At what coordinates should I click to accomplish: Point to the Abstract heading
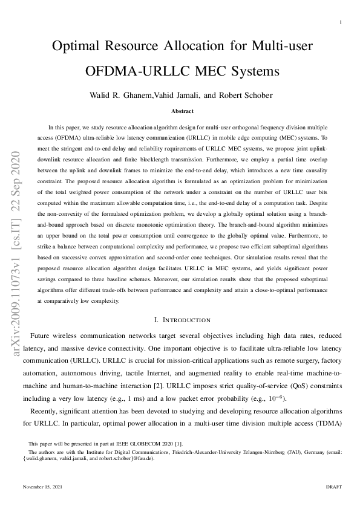click(x=182, y=111)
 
